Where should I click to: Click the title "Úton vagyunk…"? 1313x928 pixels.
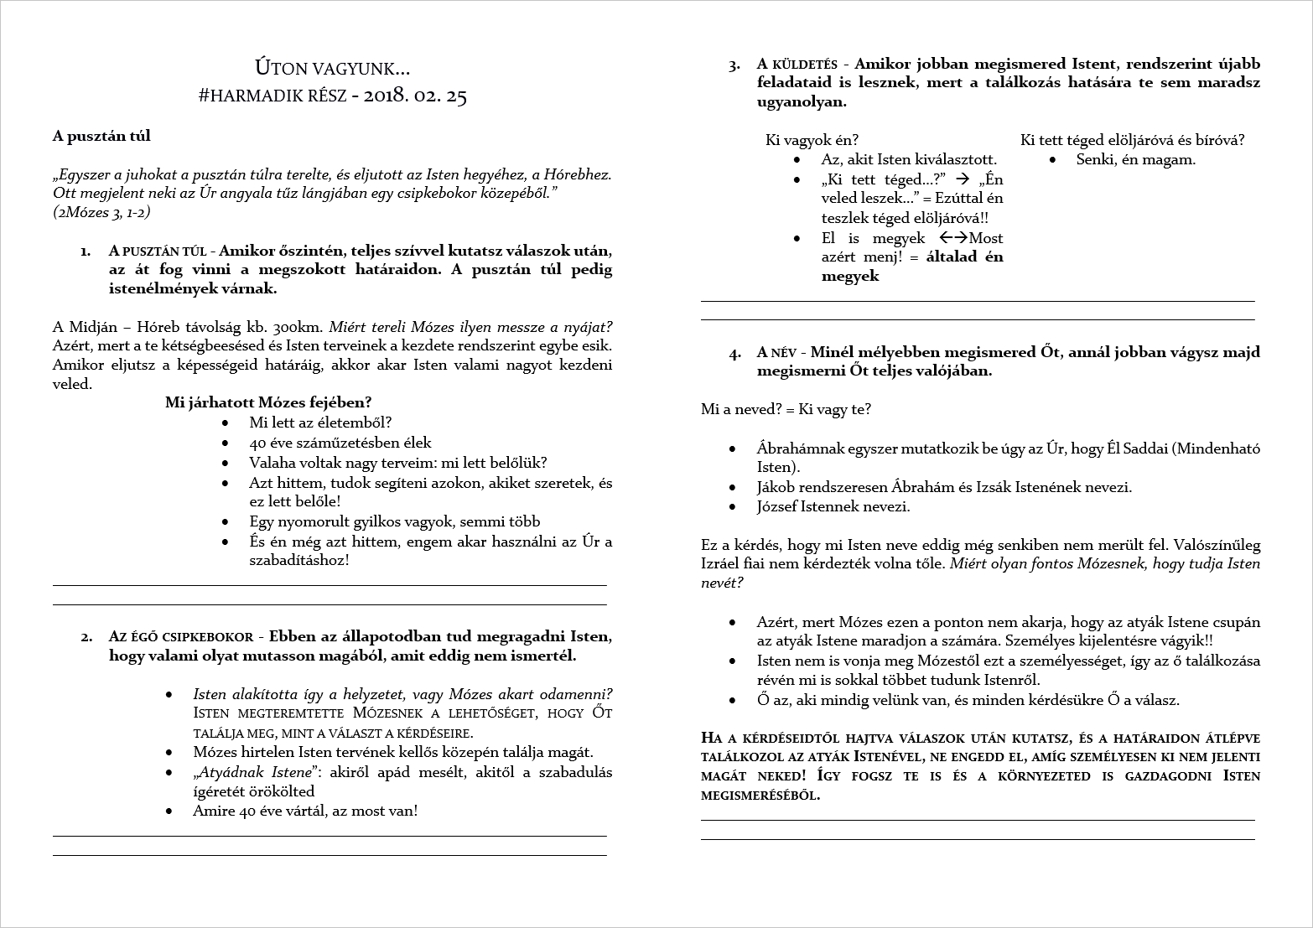pyautogui.click(x=332, y=67)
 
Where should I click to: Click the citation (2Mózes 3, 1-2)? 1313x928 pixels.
pyautogui.click(x=101, y=213)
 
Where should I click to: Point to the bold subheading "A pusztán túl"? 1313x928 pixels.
pyautogui.click(x=101, y=136)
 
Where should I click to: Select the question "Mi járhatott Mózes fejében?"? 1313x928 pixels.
pyautogui.click(x=268, y=402)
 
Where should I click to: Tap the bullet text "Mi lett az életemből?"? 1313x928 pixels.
pyautogui.click(x=320, y=423)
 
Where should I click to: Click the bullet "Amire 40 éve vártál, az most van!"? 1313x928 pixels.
pyautogui.click(x=305, y=811)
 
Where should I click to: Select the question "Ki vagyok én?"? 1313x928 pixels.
pyautogui.click(x=812, y=140)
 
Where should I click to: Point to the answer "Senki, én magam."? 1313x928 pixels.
pyautogui.click(x=1135, y=159)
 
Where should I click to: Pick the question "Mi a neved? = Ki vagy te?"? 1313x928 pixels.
pyautogui.click(x=786, y=409)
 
